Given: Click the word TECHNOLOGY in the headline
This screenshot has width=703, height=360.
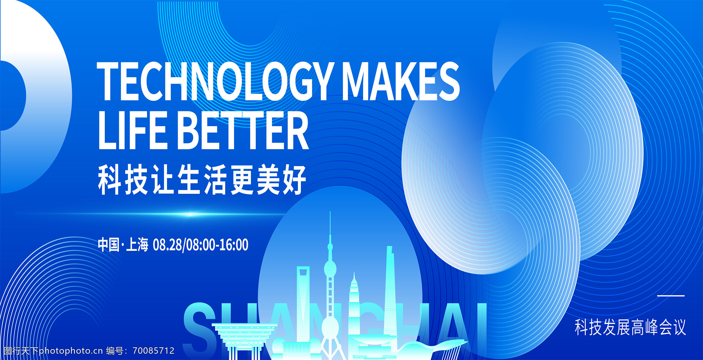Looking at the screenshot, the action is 214,81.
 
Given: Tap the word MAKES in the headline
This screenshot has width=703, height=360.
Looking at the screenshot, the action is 401,81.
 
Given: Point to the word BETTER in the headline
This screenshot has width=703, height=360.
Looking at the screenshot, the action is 244,130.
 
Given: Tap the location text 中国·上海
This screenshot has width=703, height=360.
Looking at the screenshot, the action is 123,244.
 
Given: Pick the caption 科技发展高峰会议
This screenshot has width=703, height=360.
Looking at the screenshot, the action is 630,327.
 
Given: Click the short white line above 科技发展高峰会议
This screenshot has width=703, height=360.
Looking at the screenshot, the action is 671,296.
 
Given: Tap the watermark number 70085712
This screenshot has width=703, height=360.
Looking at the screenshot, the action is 154,351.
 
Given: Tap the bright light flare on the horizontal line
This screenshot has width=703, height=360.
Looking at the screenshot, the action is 190,214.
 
